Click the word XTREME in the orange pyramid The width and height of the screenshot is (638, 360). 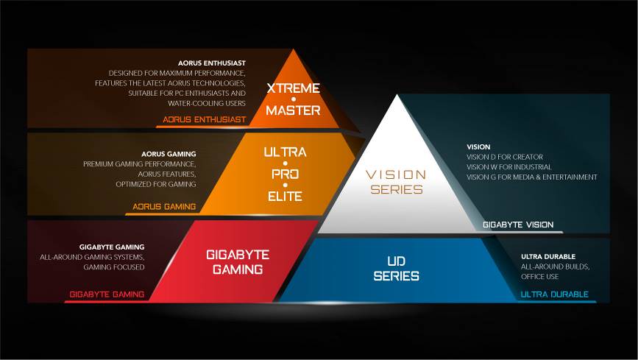pos(293,88)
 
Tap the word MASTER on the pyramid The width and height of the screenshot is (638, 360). pos(293,110)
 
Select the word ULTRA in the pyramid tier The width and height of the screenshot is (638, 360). pos(285,152)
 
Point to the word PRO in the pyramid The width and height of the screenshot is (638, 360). pos(286,174)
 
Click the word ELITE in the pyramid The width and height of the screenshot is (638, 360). pos(285,197)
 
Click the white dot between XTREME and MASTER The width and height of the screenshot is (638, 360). pos(294,99)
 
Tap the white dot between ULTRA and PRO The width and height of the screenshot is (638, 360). pos(286,163)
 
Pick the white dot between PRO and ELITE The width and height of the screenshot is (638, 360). pos(286,186)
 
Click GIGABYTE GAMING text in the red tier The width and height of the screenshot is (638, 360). pos(238,262)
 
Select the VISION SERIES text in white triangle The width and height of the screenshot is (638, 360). pos(397,182)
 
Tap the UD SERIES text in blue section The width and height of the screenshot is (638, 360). pos(397,269)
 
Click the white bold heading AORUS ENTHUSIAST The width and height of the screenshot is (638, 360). pos(212,63)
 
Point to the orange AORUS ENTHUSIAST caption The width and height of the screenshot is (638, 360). pos(205,119)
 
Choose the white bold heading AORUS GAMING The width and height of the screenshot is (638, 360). pos(169,154)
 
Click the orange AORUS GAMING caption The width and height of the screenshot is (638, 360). pos(164,206)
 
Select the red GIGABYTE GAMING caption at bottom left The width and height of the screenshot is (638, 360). pos(107,294)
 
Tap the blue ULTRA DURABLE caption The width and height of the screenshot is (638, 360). pos(555,294)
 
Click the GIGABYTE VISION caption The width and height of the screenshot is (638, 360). pos(518,225)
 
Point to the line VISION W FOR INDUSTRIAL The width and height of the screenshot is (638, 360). pos(509,167)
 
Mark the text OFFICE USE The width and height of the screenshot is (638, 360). pos(540,277)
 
